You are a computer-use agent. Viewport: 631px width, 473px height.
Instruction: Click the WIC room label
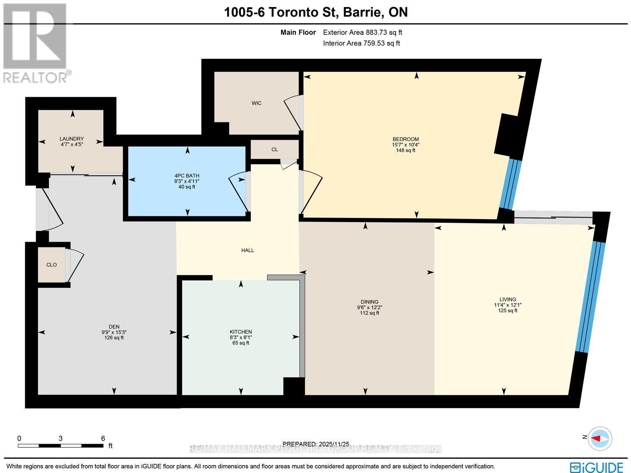click(x=256, y=103)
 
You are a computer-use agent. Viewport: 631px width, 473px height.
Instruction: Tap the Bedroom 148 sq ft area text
click(x=405, y=150)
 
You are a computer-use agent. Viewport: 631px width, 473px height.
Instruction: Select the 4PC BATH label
click(x=187, y=176)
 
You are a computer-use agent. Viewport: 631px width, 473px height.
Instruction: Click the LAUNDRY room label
click(x=71, y=139)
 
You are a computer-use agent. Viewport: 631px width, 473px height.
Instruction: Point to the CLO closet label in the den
click(x=51, y=265)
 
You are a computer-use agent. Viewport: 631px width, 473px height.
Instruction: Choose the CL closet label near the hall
click(x=274, y=150)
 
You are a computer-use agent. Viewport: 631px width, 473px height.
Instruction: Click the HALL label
click(x=248, y=250)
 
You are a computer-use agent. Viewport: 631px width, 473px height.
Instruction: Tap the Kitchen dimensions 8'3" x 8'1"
click(x=241, y=338)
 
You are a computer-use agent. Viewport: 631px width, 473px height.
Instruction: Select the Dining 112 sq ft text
click(x=369, y=313)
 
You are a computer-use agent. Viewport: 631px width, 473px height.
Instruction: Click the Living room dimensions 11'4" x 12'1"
click(x=508, y=305)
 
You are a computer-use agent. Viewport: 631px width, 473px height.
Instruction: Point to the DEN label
click(x=114, y=327)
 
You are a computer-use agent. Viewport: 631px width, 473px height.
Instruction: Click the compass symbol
click(x=600, y=438)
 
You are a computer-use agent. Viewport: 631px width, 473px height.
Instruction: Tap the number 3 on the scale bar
click(x=60, y=438)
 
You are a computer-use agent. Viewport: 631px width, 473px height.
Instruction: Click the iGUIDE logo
click(x=598, y=467)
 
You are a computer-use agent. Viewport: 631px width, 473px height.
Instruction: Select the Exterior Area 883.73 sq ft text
click(x=362, y=33)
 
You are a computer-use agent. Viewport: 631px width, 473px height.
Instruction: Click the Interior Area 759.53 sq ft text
click(x=361, y=43)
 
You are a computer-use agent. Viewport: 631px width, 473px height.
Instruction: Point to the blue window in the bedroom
click(x=510, y=184)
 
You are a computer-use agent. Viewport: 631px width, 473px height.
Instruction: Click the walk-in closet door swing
click(x=293, y=112)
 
